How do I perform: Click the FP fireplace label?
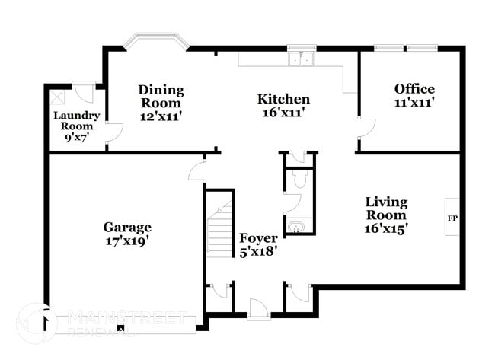tap(451, 218)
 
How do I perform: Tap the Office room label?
tap(414, 89)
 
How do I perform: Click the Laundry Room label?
tap(76, 121)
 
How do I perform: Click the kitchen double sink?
tap(302, 59)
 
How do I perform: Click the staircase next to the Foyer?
tap(219, 227)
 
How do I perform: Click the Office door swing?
tap(365, 129)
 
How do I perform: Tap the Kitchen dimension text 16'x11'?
tap(283, 112)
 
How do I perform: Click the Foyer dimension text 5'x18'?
tap(258, 251)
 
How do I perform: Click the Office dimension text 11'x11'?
tap(414, 102)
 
